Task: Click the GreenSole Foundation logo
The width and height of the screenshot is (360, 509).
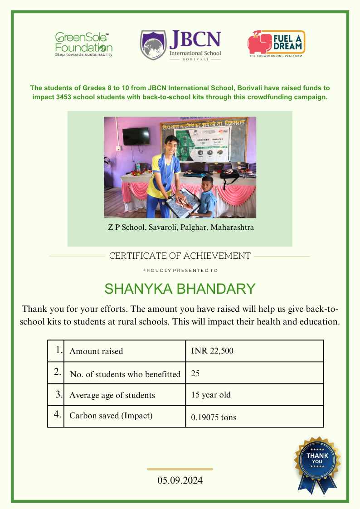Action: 83,44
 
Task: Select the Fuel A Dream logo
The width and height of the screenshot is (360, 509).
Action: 276,43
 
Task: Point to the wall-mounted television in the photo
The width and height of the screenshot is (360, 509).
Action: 136,136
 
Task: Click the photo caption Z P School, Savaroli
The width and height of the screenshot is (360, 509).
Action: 180,227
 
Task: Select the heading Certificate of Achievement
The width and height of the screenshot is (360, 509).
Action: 180,256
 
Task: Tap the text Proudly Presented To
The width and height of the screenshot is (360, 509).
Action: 180,271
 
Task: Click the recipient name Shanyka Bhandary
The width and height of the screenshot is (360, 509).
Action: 180,289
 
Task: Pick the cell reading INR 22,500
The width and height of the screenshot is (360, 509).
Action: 212,351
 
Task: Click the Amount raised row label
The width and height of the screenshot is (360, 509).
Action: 96,351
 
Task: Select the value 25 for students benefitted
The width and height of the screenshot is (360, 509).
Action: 195,373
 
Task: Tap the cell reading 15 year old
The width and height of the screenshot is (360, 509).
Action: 211,395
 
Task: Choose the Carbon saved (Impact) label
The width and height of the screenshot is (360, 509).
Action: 111,416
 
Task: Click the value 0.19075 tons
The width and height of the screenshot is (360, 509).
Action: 214,417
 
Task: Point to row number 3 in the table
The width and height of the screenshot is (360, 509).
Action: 59,394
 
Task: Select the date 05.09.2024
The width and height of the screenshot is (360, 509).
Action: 180,480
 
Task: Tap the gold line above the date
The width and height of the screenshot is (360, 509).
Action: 180,469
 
